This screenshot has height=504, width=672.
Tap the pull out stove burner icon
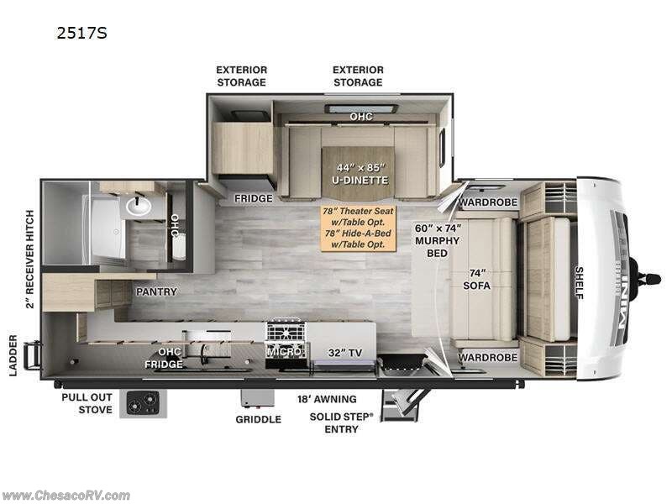143,404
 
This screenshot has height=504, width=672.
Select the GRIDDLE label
258,419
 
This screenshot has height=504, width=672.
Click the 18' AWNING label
327,399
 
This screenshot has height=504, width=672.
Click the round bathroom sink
136,203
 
